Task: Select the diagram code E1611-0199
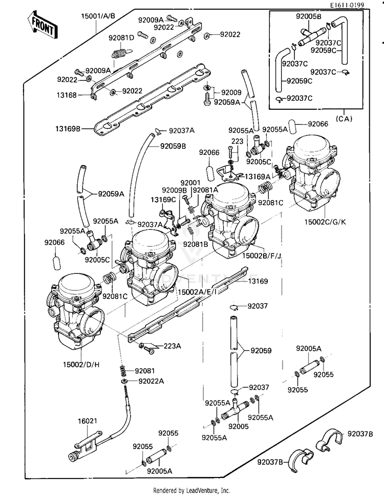347,5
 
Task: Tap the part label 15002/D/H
81,365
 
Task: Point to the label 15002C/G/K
325,222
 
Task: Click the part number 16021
88,421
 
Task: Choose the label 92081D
121,38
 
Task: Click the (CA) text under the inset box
344,119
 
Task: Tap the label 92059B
173,146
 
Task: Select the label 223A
172,346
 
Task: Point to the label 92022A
151,381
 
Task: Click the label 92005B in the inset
309,16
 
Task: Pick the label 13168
67,95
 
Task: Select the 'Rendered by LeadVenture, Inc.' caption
192,491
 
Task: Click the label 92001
190,183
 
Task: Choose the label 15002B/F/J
262,255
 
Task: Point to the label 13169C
163,200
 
